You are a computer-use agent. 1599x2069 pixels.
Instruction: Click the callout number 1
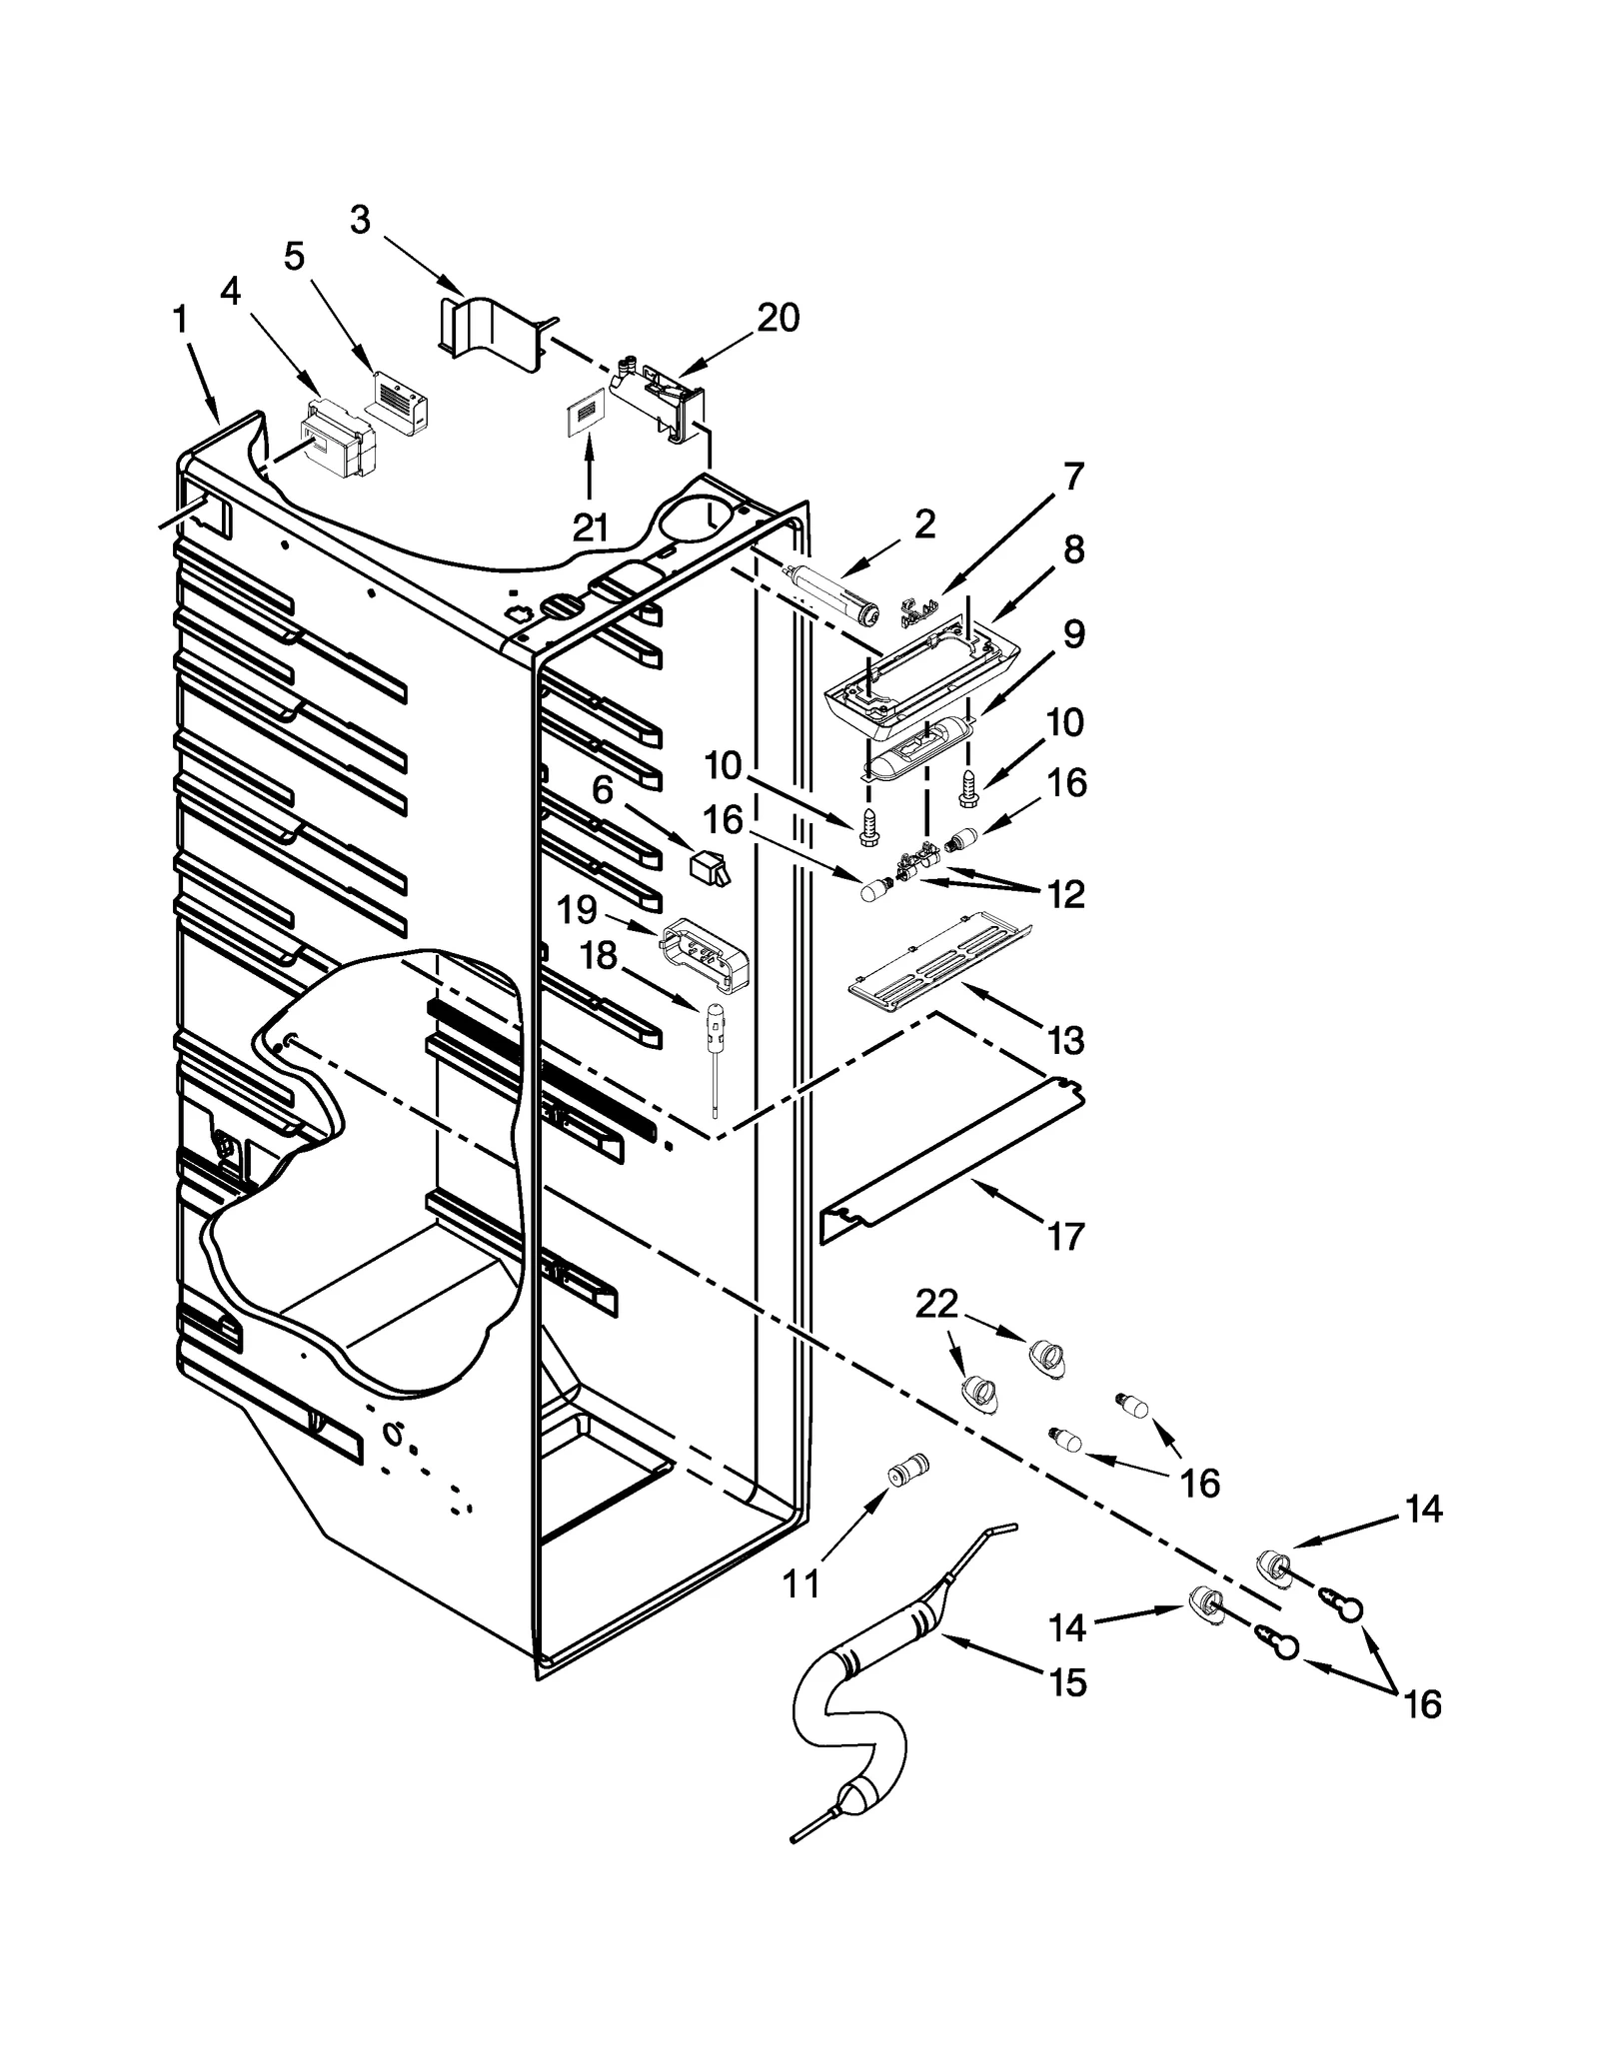180,320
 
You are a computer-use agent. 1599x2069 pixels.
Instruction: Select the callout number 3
360,220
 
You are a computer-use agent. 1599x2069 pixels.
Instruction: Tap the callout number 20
778,318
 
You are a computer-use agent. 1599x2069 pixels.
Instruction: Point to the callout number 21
590,527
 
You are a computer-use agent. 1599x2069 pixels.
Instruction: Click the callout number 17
1066,1237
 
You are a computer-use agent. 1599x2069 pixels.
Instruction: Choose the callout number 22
936,1303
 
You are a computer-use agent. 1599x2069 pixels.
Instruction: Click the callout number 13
1066,1041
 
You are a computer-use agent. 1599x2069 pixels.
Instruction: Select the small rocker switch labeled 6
710,866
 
